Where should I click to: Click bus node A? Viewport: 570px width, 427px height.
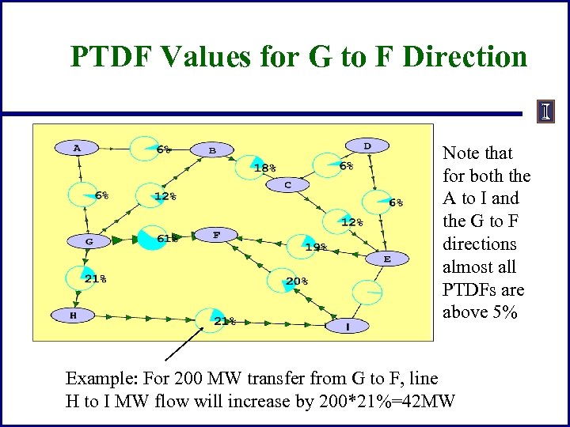coord(77,147)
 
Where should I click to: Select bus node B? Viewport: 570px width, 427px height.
coord(212,149)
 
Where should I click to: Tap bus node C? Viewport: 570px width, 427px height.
coord(288,185)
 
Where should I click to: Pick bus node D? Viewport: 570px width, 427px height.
coord(367,145)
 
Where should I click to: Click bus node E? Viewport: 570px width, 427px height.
coord(387,259)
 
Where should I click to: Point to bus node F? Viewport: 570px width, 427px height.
coord(217,235)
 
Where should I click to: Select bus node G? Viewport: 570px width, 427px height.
coord(89,240)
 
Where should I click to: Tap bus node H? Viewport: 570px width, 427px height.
coord(73,315)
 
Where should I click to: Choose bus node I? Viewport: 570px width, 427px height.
coord(348,325)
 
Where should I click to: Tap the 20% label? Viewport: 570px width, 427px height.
coord(297,281)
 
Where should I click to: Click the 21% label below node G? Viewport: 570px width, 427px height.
coord(96,278)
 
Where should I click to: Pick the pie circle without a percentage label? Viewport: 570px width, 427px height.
coord(367,293)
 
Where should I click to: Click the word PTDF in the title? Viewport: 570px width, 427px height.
coord(109,57)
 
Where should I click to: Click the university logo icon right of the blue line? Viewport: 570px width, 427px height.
coord(545,112)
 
